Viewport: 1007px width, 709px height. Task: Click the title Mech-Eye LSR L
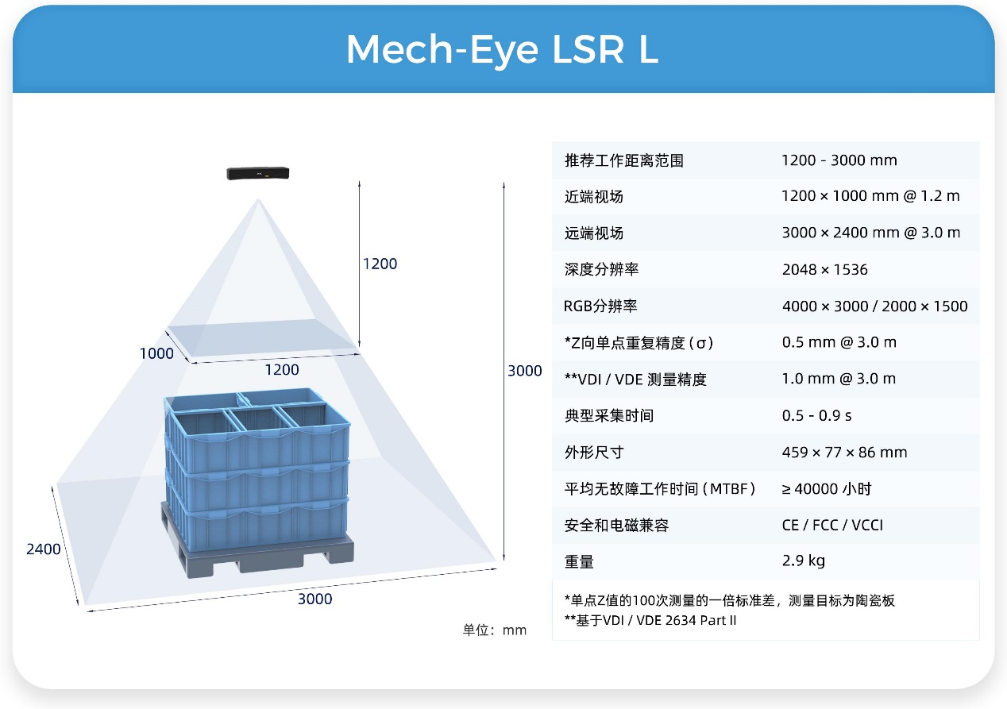click(x=502, y=50)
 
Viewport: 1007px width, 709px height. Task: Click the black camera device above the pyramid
click(x=257, y=173)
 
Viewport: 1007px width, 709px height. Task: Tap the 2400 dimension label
click(x=43, y=549)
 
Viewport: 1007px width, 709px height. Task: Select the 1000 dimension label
click(x=156, y=353)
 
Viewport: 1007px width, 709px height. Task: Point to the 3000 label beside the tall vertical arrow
click(x=525, y=371)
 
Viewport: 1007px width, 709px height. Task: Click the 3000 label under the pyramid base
click(x=314, y=599)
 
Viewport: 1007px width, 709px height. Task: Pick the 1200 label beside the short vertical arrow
click(x=380, y=264)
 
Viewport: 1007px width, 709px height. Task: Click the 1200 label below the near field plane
click(x=282, y=370)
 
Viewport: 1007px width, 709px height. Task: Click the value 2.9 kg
click(x=804, y=561)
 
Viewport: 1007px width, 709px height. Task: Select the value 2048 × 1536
click(x=825, y=270)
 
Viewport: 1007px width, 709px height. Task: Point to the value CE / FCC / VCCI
click(x=832, y=525)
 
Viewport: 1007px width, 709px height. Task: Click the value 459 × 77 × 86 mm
click(x=845, y=452)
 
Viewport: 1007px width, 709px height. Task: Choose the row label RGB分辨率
click(x=600, y=306)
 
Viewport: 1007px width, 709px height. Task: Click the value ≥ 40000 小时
click(x=827, y=488)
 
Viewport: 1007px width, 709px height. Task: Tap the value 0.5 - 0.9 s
click(x=817, y=415)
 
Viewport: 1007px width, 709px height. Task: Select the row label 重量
click(x=579, y=561)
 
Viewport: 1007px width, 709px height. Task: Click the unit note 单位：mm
click(x=495, y=630)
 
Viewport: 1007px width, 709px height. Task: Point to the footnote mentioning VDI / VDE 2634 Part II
click(x=650, y=621)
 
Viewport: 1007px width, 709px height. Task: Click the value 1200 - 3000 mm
click(x=839, y=160)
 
